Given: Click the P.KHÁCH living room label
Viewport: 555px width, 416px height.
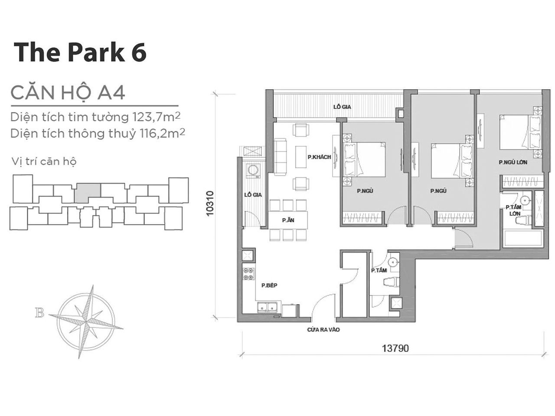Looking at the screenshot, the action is [319, 157].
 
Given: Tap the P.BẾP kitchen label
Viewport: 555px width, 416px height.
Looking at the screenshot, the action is [269, 286].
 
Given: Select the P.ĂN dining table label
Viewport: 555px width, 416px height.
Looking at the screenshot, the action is [288, 220].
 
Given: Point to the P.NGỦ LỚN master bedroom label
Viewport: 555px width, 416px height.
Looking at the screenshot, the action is [513, 162].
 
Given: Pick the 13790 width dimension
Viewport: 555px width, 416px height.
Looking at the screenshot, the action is [395, 348].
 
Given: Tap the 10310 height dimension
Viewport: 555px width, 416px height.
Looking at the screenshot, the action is [210, 203].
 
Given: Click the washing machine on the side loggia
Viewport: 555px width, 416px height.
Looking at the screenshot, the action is [252, 171].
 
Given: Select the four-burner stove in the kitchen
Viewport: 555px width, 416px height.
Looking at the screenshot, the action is [248, 274].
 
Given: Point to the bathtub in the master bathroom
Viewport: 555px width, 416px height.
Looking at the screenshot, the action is [522, 239].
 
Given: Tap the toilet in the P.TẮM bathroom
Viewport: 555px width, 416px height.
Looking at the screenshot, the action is [392, 282].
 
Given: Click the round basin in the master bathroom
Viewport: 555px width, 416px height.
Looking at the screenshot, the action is [525, 201].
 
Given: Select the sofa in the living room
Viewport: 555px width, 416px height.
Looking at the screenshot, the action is [280, 156].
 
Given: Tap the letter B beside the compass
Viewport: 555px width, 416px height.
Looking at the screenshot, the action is [40, 313].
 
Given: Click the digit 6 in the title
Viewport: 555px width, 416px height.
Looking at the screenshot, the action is [139, 52].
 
